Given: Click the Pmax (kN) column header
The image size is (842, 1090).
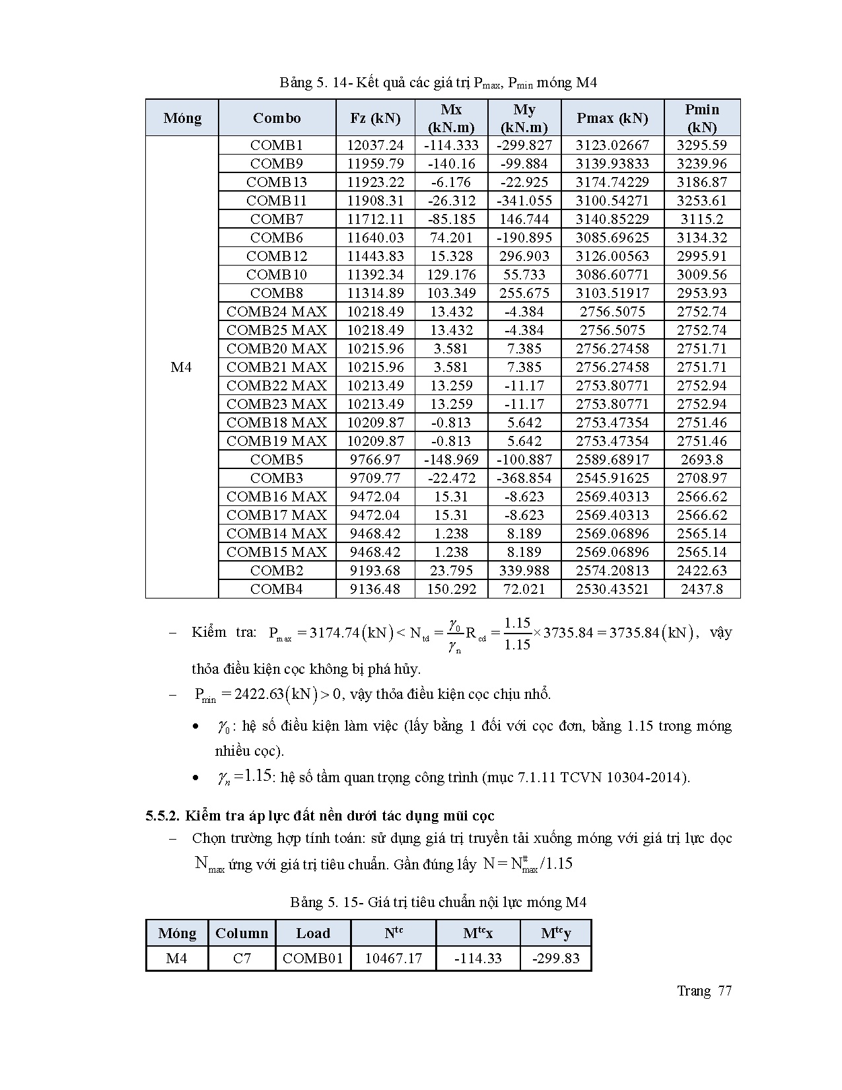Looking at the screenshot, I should click(x=612, y=118).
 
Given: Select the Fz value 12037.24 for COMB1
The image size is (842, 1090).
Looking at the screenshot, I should click(x=375, y=145).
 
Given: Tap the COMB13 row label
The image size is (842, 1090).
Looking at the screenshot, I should click(x=277, y=182).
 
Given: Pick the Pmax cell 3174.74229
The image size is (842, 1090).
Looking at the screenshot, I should click(x=612, y=182).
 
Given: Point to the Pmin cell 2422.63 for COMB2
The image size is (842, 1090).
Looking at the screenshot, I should click(x=702, y=571).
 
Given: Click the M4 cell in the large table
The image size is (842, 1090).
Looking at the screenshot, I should click(x=182, y=367).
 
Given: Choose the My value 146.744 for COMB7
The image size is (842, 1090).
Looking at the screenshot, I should click(x=524, y=219).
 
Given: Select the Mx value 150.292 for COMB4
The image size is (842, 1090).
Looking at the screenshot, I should click(x=452, y=589).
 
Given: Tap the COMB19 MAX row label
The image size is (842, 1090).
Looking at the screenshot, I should click(x=277, y=441).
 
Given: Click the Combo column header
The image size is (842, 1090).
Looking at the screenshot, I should click(x=277, y=118).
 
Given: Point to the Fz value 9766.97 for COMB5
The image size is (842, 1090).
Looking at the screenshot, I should click(x=375, y=460).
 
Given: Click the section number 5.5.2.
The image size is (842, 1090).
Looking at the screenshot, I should click(x=162, y=816).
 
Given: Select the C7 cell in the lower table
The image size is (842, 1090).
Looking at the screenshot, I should click(x=242, y=958).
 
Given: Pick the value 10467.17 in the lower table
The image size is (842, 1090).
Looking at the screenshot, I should click(x=394, y=958).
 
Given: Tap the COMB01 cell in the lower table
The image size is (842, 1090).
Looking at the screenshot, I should click(x=313, y=958).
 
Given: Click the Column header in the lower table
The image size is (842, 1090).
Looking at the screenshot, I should click(x=242, y=933).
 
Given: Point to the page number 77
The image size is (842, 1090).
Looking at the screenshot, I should click(x=724, y=991).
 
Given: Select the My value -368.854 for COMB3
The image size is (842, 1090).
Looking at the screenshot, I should click(x=524, y=478).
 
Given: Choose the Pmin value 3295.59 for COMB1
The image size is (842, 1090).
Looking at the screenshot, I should click(x=702, y=145).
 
